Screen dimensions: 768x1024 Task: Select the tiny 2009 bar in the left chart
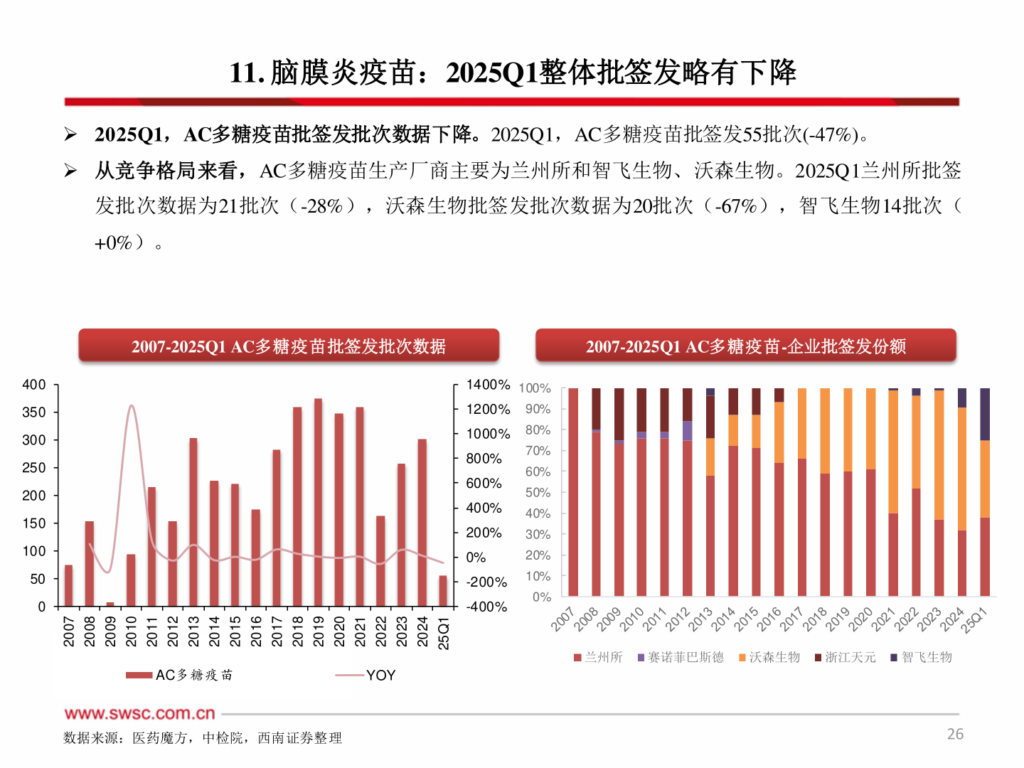(x=110, y=604)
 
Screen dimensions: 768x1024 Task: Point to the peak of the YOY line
(x=131, y=406)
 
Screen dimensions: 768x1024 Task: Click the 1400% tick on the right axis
(x=488, y=385)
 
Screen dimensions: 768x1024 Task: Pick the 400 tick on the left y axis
(x=34, y=385)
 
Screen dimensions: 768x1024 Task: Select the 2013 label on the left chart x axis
(x=193, y=631)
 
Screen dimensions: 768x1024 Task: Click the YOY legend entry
(x=380, y=675)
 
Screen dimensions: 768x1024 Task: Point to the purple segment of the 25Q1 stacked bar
(x=985, y=414)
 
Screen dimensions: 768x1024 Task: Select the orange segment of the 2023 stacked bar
(x=939, y=455)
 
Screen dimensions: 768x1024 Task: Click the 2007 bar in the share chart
(x=573, y=492)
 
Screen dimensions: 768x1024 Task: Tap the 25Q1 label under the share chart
(x=974, y=620)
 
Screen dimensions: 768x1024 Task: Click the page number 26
(x=955, y=734)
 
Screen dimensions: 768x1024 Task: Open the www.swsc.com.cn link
(x=139, y=713)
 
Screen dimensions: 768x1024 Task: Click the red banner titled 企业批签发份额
(x=745, y=346)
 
